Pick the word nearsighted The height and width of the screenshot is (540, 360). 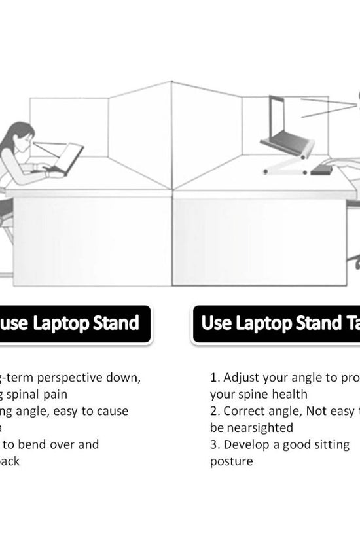click(x=251, y=427)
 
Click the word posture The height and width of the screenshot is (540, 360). click(x=231, y=461)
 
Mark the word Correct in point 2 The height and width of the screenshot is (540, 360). click(x=246, y=411)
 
